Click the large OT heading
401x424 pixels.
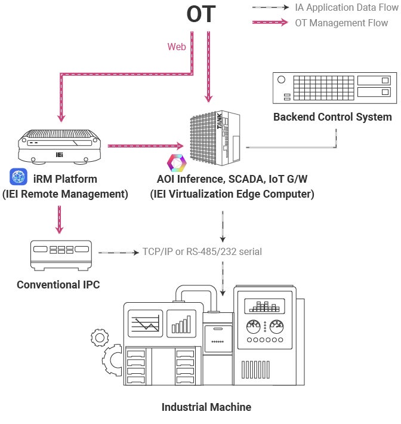click(x=200, y=14)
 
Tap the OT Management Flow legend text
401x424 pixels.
click(x=341, y=23)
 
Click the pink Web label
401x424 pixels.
click(x=177, y=46)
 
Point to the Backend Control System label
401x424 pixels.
click(x=332, y=116)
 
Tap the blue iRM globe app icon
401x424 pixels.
click(x=19, y=177)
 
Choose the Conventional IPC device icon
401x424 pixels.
click(x=61, y=254)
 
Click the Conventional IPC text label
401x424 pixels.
click(x=58, y=284)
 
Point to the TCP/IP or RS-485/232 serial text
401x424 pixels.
click(x=202, y=251)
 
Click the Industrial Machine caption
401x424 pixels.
click(x=206, y=407)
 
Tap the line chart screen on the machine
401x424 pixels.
click(x=145, y=324)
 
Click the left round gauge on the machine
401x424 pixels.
click(x=254, y=327)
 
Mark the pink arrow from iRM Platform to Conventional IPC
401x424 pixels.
click(x=59, y=219)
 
